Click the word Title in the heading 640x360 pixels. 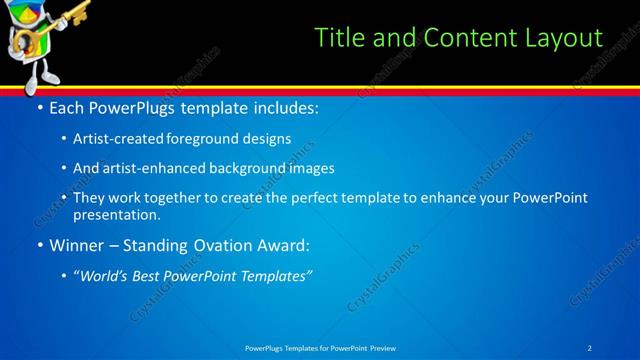[x=336, y=38]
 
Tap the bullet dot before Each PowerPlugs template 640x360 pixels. [x=39, y=106]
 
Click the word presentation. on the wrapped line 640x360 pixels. [x=117, y=214]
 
